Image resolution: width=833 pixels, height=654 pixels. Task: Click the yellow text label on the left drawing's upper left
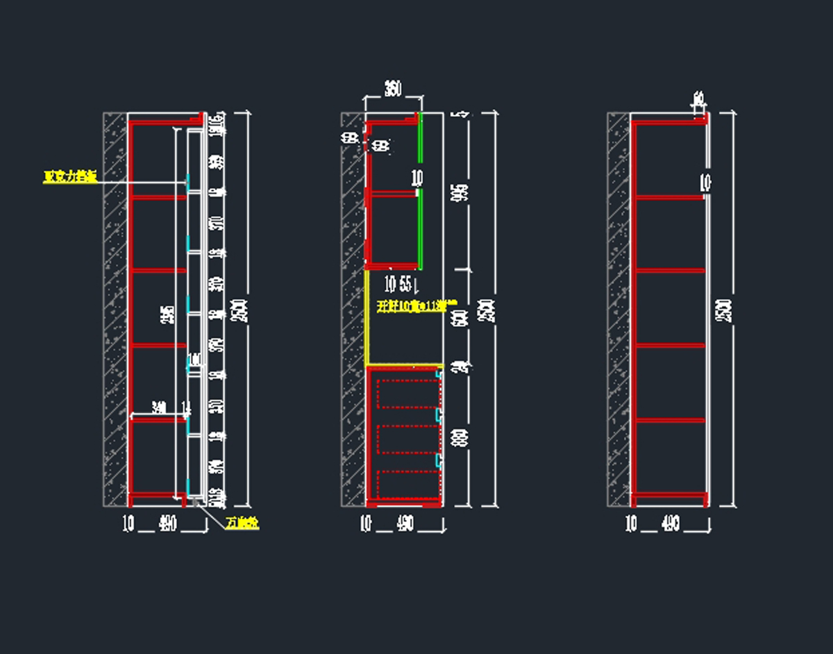(x=69, y=177)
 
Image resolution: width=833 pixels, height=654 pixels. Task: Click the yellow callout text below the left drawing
(x=242, y=524)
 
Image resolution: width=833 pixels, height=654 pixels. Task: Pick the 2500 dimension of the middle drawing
(x=489, y=310)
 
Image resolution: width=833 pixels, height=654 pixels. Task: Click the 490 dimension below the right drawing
(x=671, y=524)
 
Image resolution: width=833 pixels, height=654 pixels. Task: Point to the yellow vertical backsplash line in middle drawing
(x=367, y=316)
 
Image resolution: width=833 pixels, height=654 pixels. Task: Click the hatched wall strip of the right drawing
(x=619, y=309)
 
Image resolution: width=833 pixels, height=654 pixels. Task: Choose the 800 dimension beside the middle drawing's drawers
(x=459, y=437)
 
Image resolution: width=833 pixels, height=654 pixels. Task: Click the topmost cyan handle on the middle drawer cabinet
(x=439, y=374)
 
